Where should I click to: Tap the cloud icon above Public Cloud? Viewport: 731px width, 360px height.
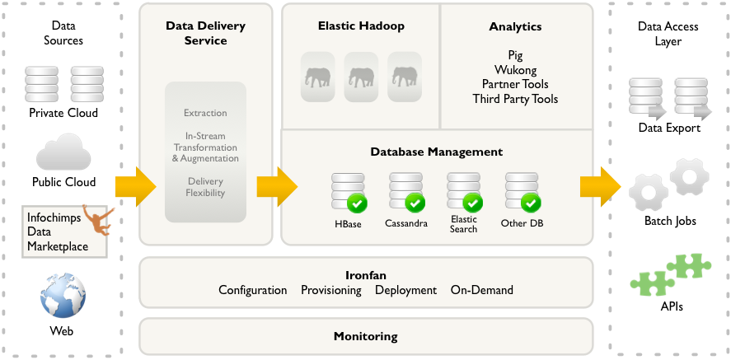pos(63,153)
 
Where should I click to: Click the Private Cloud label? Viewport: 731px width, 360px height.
pos(63,113)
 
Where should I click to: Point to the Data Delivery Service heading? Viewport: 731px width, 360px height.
pos(205,33)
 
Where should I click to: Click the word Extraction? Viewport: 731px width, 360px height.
pos(205,113)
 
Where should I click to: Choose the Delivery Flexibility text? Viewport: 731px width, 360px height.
pos(205,187)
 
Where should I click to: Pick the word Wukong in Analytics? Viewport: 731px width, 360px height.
pos(515,70)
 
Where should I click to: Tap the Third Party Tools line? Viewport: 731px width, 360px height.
pos(515,99)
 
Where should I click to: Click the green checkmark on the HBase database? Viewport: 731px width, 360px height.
pos(358,202)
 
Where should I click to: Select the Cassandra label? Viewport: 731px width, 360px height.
pos(406,223)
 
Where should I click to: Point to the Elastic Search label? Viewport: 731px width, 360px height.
pos(463,224)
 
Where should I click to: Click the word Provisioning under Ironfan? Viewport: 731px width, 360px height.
pos(331,290)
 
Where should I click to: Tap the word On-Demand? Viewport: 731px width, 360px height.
pos(481,290)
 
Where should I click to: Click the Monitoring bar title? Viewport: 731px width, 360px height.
pos(365,336)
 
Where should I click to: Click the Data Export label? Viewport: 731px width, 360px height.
pos(669,128)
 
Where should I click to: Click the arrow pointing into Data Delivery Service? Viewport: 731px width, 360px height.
pos(136,187)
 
